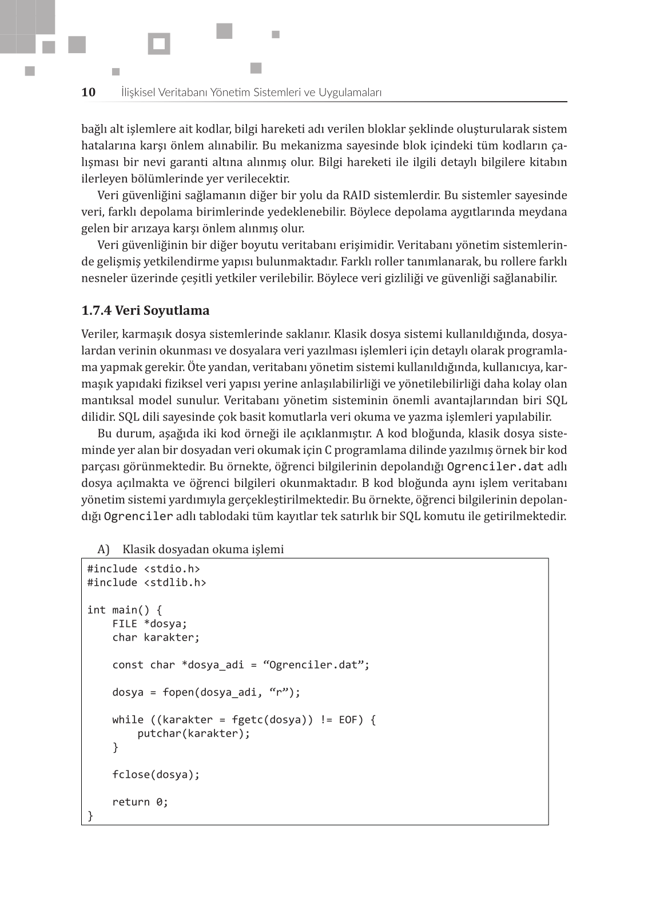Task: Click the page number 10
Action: pos(89,92)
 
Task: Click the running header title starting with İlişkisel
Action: pos(251,92)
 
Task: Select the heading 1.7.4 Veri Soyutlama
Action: pos(145,310)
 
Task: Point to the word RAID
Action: pos(356,195)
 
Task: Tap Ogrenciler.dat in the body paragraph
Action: pos(495,466)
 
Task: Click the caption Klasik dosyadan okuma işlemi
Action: pos(203,549)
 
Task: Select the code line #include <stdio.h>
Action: pos(144,569)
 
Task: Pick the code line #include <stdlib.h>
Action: pos(146,582)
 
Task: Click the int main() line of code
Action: pos(124,610)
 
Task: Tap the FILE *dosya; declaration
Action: pos(149,624)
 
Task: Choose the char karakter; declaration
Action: pos(156,637)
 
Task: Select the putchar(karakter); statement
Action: pos(193,733)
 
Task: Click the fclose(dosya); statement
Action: pos(156,774)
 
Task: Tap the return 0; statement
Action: pos(140,802)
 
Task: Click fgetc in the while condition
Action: pos(247,720)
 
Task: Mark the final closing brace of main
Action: pos(90,816)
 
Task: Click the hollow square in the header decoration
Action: pos(159,44)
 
